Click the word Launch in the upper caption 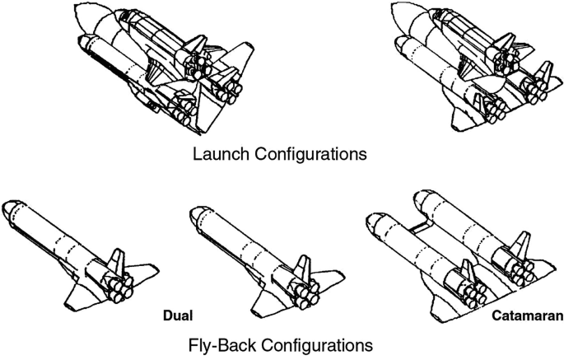(x=217, y=153)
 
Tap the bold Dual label (x=176, y=315)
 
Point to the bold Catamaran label (x=528, y=315)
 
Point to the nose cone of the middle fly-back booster (x=198, y=212)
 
